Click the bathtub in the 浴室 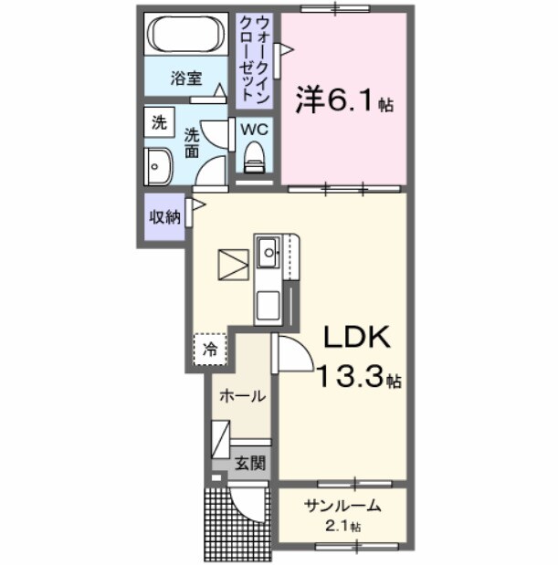tap(186, 36)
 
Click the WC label tap(253, 129)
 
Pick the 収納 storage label tap(164, 216)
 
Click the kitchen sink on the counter tap(268, 251)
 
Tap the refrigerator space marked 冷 tap(210, 348)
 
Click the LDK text tap(355, 339)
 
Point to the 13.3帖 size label tap(359, 376)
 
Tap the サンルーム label tap(342, 507)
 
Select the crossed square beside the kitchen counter tap(232, 264)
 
